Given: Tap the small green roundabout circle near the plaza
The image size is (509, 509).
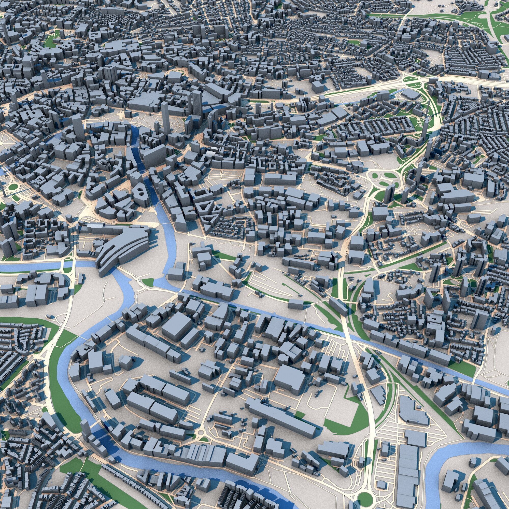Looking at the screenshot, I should [12, 187].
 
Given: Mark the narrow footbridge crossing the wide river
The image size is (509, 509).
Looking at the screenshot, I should [165, 223].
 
